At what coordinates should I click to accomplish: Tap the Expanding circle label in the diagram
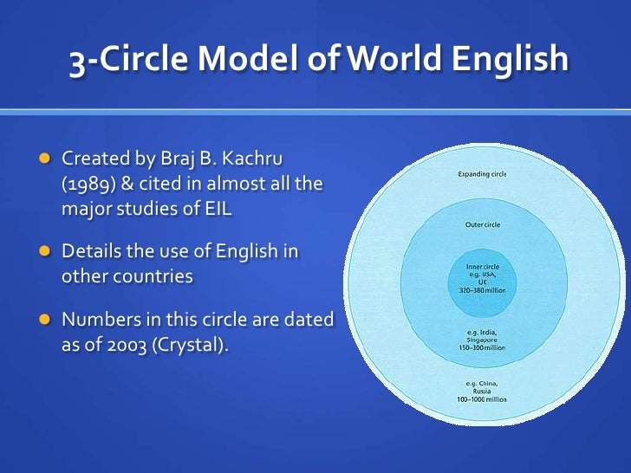[483, 174]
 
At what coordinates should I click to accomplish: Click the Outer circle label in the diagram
[483, 225]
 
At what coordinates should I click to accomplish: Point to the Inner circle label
[483, 265]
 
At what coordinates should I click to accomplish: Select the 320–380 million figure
[483, 290]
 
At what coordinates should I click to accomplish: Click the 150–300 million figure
[483, 347]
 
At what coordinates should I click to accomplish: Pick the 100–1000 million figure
[482, 399]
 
